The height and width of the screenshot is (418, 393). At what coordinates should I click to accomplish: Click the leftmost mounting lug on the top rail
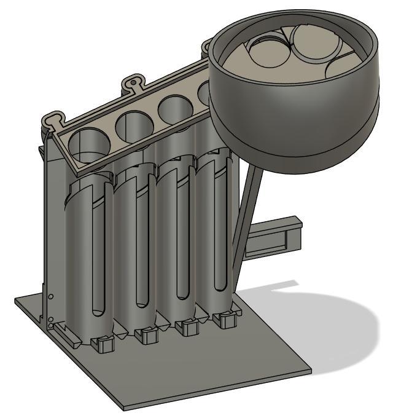click(55, 117)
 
